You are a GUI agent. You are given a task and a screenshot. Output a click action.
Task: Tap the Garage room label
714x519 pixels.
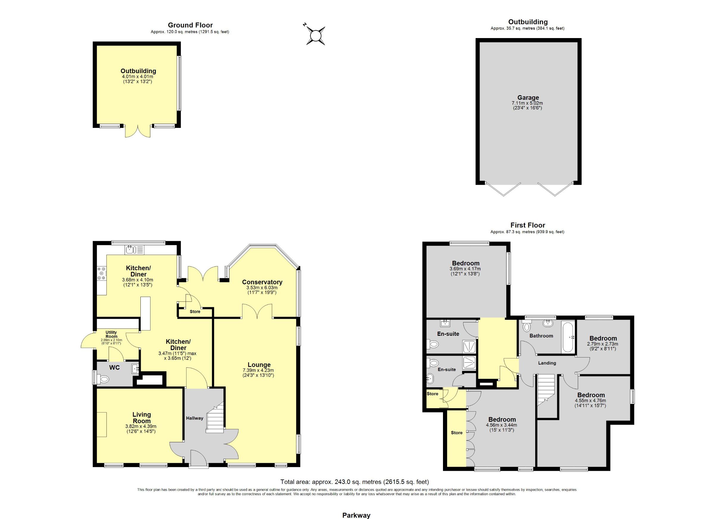[528, 98]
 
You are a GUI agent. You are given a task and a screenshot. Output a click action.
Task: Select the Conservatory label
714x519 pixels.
[262, 282]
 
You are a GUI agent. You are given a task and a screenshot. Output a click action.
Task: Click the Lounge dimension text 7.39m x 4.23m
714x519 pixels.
[258, 370]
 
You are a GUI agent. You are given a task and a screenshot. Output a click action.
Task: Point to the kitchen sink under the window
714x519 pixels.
[135, 250]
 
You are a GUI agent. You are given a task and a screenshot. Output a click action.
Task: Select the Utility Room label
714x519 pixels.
[111, 334]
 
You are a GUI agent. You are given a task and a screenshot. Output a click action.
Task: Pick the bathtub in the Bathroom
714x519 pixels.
[568, 336]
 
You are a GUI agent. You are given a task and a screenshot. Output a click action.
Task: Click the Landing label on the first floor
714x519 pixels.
[547, 363]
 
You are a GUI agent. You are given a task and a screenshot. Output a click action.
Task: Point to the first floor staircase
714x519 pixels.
[546, 390]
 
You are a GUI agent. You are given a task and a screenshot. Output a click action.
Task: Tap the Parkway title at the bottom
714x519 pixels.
[356, 515]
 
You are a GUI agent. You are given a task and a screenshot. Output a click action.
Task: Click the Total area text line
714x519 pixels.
[355, 482]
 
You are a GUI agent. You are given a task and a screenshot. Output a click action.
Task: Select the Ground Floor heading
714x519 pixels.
[190, 25]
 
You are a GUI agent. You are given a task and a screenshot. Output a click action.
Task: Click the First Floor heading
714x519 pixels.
[528, 225]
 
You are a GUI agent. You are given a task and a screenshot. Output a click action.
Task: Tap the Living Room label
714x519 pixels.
[142, 418]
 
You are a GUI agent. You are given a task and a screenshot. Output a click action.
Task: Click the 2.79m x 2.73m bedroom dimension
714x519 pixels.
[602, 344]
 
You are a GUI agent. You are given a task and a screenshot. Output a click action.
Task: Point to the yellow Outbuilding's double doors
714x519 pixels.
[137, 131]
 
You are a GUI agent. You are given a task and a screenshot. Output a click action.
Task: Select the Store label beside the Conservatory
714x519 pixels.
[195, 312]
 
